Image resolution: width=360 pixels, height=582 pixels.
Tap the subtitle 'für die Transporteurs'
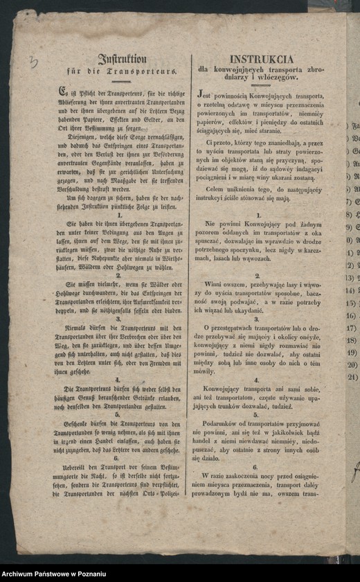tap(122, 71)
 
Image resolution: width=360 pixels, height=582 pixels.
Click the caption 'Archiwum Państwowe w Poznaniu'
tap(53, 574)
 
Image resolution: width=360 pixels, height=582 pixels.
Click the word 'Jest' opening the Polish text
tap(205, 95)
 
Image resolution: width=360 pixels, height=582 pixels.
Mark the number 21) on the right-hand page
tap(352, 377)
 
